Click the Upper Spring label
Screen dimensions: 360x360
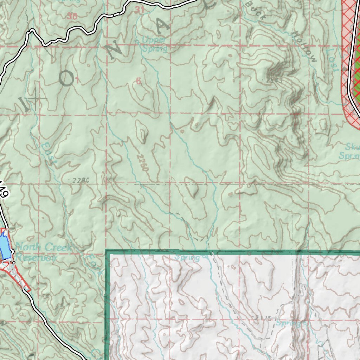tap(154, 44)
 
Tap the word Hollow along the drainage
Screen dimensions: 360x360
tap(304, 46)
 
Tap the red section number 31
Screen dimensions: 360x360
tap(140, 10)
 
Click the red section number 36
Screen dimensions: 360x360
tap(72, 16)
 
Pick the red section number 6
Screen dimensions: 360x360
tap(138, 81)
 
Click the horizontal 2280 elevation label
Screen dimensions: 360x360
tap(81, 180)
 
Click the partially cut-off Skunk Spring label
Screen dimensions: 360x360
tap(349, 150)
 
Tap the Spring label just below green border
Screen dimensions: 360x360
tap(187, 258)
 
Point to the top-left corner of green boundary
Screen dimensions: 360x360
tap(108, 252)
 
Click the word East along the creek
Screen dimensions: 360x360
tap(49, 154)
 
